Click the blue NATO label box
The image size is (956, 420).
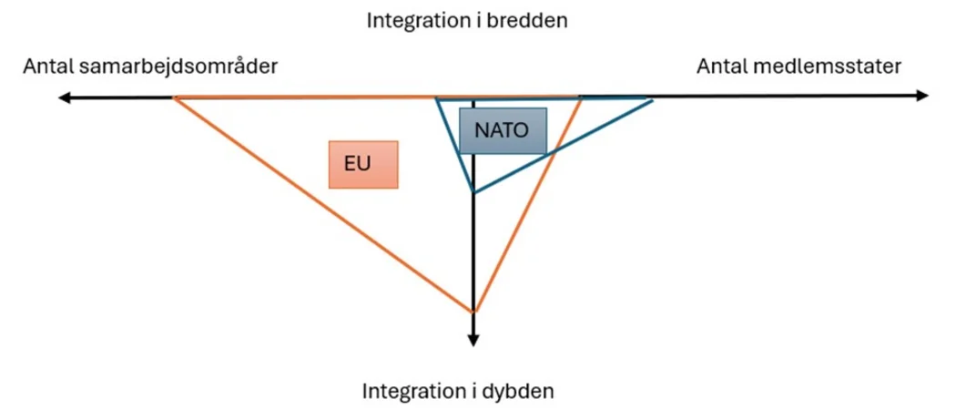point(503,130)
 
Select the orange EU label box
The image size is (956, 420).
point(363,164)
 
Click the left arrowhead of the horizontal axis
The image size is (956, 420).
point(62,97)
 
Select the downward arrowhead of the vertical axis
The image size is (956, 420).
point(473,340)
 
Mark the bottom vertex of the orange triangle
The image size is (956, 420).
point(473,312)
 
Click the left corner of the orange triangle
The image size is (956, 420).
point(174,97)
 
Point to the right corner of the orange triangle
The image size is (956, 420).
point(581,97)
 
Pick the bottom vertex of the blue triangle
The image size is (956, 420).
point(473,192)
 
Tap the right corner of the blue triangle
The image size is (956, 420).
point(653,100)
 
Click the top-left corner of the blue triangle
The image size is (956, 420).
point(435,97)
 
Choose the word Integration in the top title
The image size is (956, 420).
point(412,19)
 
